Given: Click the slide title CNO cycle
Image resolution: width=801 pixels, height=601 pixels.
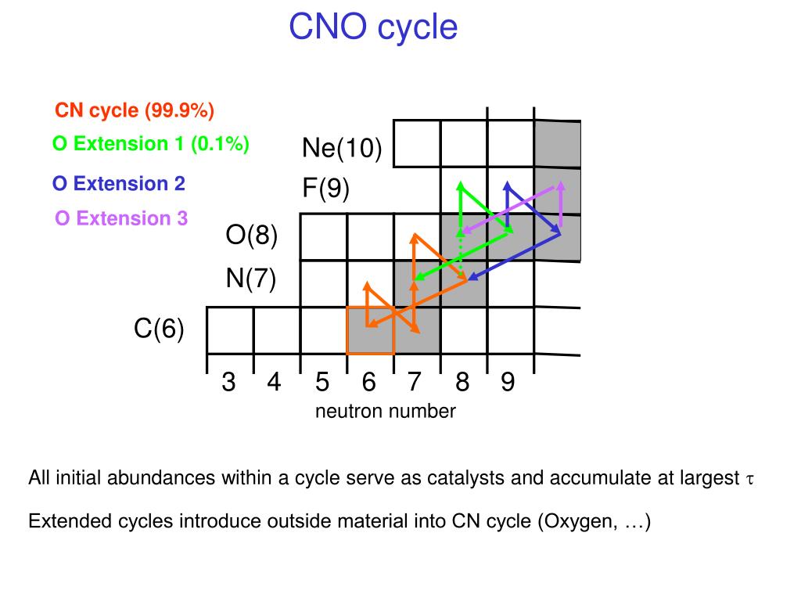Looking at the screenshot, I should click(x=372, y=27).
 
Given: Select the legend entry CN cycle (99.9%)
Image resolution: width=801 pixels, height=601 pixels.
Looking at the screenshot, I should click(x=135, y=110).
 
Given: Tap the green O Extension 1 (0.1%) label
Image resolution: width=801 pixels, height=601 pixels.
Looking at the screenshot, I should click(x=151, y=144).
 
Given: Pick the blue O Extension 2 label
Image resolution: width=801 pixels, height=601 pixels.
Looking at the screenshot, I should click(x=119, y=184).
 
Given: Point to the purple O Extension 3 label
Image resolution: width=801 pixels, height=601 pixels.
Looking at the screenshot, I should click(x=121, y=218).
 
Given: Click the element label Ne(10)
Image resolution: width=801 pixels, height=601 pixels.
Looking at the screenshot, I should click(x=342, y=149).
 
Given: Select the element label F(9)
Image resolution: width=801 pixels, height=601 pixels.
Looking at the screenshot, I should click(x=326, y=189).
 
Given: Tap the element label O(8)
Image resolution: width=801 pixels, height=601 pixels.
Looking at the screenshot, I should click(x=252, y=236).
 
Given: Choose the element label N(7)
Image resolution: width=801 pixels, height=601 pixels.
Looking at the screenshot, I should click(x=251, y=279).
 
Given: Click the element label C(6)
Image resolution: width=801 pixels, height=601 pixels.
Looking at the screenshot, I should click(x=159, y=329).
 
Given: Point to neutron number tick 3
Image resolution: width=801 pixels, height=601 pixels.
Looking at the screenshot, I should click(x=228, y=383).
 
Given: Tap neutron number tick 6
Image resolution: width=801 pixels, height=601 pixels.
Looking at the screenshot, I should click(x=369, y=383).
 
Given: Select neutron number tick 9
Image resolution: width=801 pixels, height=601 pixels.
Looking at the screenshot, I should click(x=508, y=383).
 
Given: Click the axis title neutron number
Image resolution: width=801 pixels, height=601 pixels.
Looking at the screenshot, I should click(x=385, y=411).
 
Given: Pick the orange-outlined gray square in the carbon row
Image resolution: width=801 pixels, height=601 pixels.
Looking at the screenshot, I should click(x=370, y=330).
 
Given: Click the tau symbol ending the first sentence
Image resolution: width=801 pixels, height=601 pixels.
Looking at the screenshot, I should click(x=748, y=479).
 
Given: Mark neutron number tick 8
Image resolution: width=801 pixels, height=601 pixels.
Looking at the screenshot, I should click(x=462, y=383).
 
